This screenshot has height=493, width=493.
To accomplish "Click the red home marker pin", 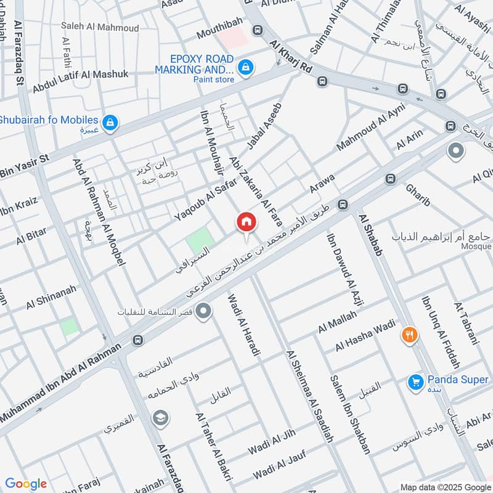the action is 246,222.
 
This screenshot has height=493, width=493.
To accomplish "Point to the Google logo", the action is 26,484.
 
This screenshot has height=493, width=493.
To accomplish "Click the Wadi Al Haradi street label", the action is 245,325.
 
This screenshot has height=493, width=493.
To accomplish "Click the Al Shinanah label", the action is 51,296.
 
